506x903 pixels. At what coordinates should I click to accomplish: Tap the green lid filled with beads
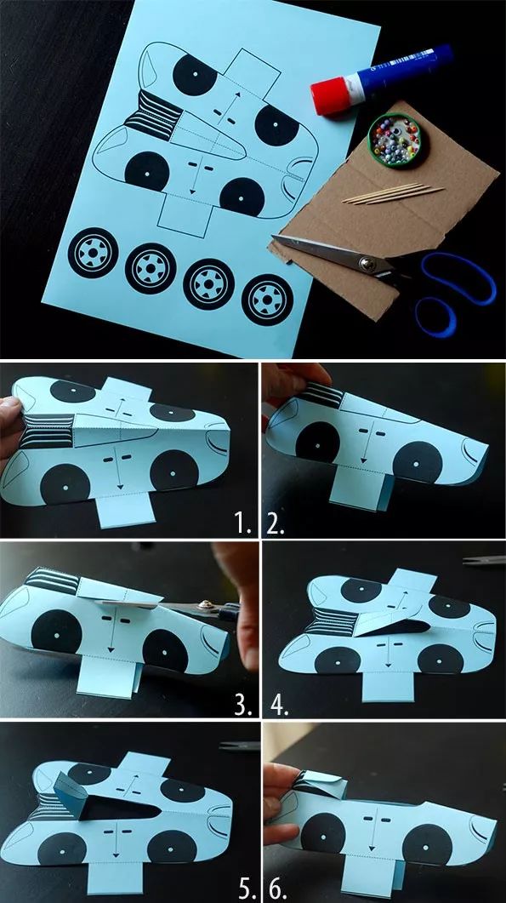[x=395, y=140]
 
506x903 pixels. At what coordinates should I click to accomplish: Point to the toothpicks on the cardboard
[x=393, y=193]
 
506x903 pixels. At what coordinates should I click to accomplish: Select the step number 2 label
[x=276, y=523]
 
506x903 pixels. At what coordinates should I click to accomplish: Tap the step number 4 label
[x=279, y=704]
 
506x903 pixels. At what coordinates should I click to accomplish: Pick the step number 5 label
[x=247, y=888]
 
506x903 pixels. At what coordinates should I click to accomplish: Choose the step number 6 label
[x=277, y=888]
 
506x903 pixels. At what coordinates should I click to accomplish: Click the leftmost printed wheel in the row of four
[x=93, y=253]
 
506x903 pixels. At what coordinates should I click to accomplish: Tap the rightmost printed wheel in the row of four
[x=267, y=300]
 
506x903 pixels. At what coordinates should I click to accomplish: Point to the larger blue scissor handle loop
[x=458, y=279]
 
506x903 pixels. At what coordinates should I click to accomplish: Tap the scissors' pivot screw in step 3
[x=203, y=606]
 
